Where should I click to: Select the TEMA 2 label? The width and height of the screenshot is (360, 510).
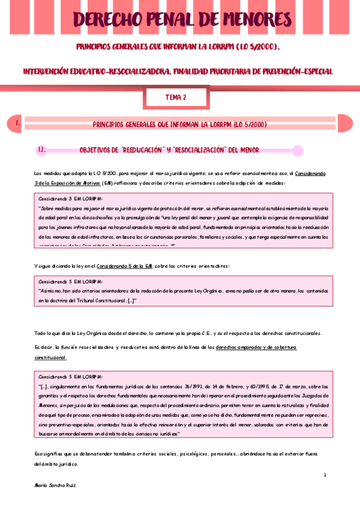pos(176,96)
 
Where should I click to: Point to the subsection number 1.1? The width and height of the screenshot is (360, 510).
pos(42,149)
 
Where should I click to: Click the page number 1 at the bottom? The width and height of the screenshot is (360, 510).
pos(325,475)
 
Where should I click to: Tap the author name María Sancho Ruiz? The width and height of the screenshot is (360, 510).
pos(55,484)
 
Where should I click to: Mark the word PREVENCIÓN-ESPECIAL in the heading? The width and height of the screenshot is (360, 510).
pos(294,71)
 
